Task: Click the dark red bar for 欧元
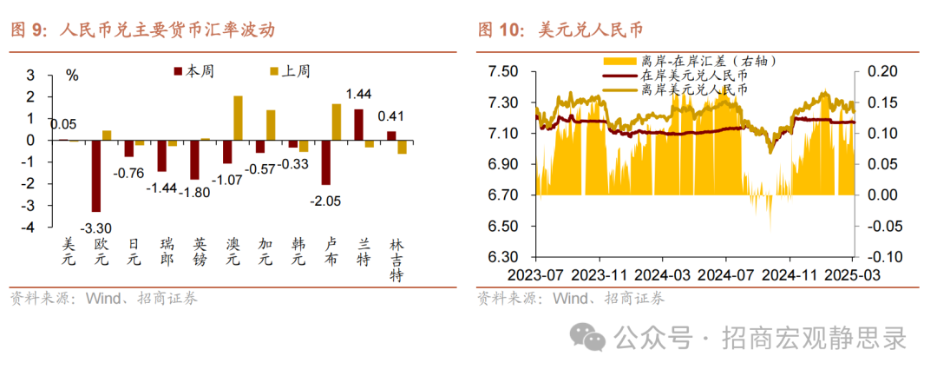pos(96,175)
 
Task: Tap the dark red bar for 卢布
pos(326,162)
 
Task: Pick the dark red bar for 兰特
pos(358,124)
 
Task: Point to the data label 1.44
pos(359,94)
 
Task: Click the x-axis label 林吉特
pos(395,260)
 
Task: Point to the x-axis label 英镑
pos(198,253)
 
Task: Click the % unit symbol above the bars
pos(72,75)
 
